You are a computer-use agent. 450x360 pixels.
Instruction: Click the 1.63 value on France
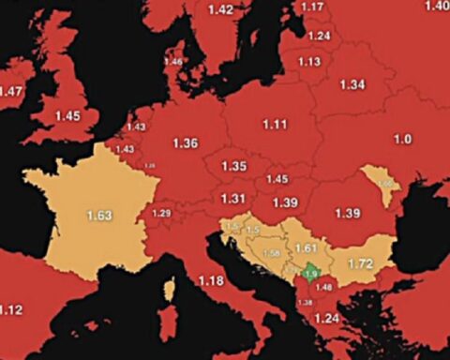coord(99,216)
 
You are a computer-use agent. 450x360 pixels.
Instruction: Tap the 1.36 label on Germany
coord(186,143)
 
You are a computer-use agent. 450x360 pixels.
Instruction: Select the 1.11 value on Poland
coord(275,124)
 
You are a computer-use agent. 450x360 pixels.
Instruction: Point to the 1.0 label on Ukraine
coord(402,140)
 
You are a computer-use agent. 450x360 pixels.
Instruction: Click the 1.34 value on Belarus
coord(352,84)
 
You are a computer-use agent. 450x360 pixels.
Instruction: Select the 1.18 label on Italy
coord(211,280)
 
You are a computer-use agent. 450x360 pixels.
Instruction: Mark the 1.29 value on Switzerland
coord(161,214)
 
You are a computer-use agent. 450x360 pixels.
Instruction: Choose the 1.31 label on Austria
coord(232,198)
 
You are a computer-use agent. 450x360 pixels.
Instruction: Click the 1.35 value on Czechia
coord(233,166)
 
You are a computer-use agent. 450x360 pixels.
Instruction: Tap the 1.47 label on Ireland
coord(11,91)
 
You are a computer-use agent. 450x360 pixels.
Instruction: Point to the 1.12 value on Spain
coord(11,310)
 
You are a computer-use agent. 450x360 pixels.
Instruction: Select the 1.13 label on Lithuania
coord(309,62)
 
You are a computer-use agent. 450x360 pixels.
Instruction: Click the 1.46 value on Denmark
coord(173,62)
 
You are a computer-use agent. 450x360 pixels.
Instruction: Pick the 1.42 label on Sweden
coord(220,9)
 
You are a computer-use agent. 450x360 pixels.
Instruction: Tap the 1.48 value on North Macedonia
coord(323,287)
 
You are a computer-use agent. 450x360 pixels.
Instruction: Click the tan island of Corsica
coord(170,291)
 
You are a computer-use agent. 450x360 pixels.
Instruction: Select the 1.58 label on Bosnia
coord(272,253)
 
